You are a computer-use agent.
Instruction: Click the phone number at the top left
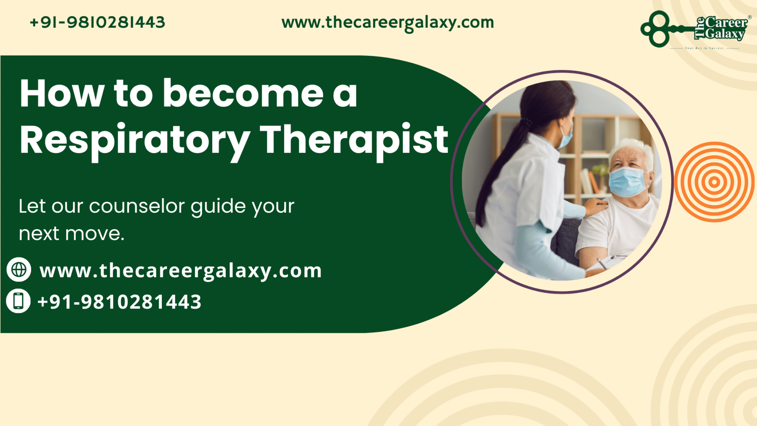pos(97,23)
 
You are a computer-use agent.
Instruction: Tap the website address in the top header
pos(387,23)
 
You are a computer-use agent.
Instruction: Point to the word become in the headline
pos(243,94)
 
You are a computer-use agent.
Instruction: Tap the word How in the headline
pos(62,94)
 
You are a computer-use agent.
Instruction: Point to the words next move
pos(72,234)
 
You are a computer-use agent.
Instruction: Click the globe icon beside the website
pos(19,270)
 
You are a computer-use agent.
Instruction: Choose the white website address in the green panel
pos(180,271)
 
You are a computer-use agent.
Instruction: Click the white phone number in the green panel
pos(119,302)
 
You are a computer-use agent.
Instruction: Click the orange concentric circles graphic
pos(714,182)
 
